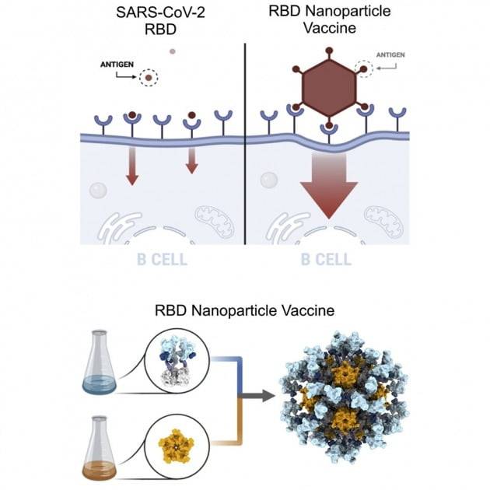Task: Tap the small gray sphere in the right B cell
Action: [x=268, y=181]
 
